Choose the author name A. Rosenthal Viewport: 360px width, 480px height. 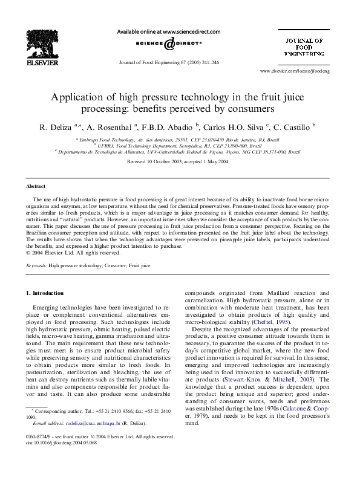point(114,128)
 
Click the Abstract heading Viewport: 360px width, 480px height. point(37,187)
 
